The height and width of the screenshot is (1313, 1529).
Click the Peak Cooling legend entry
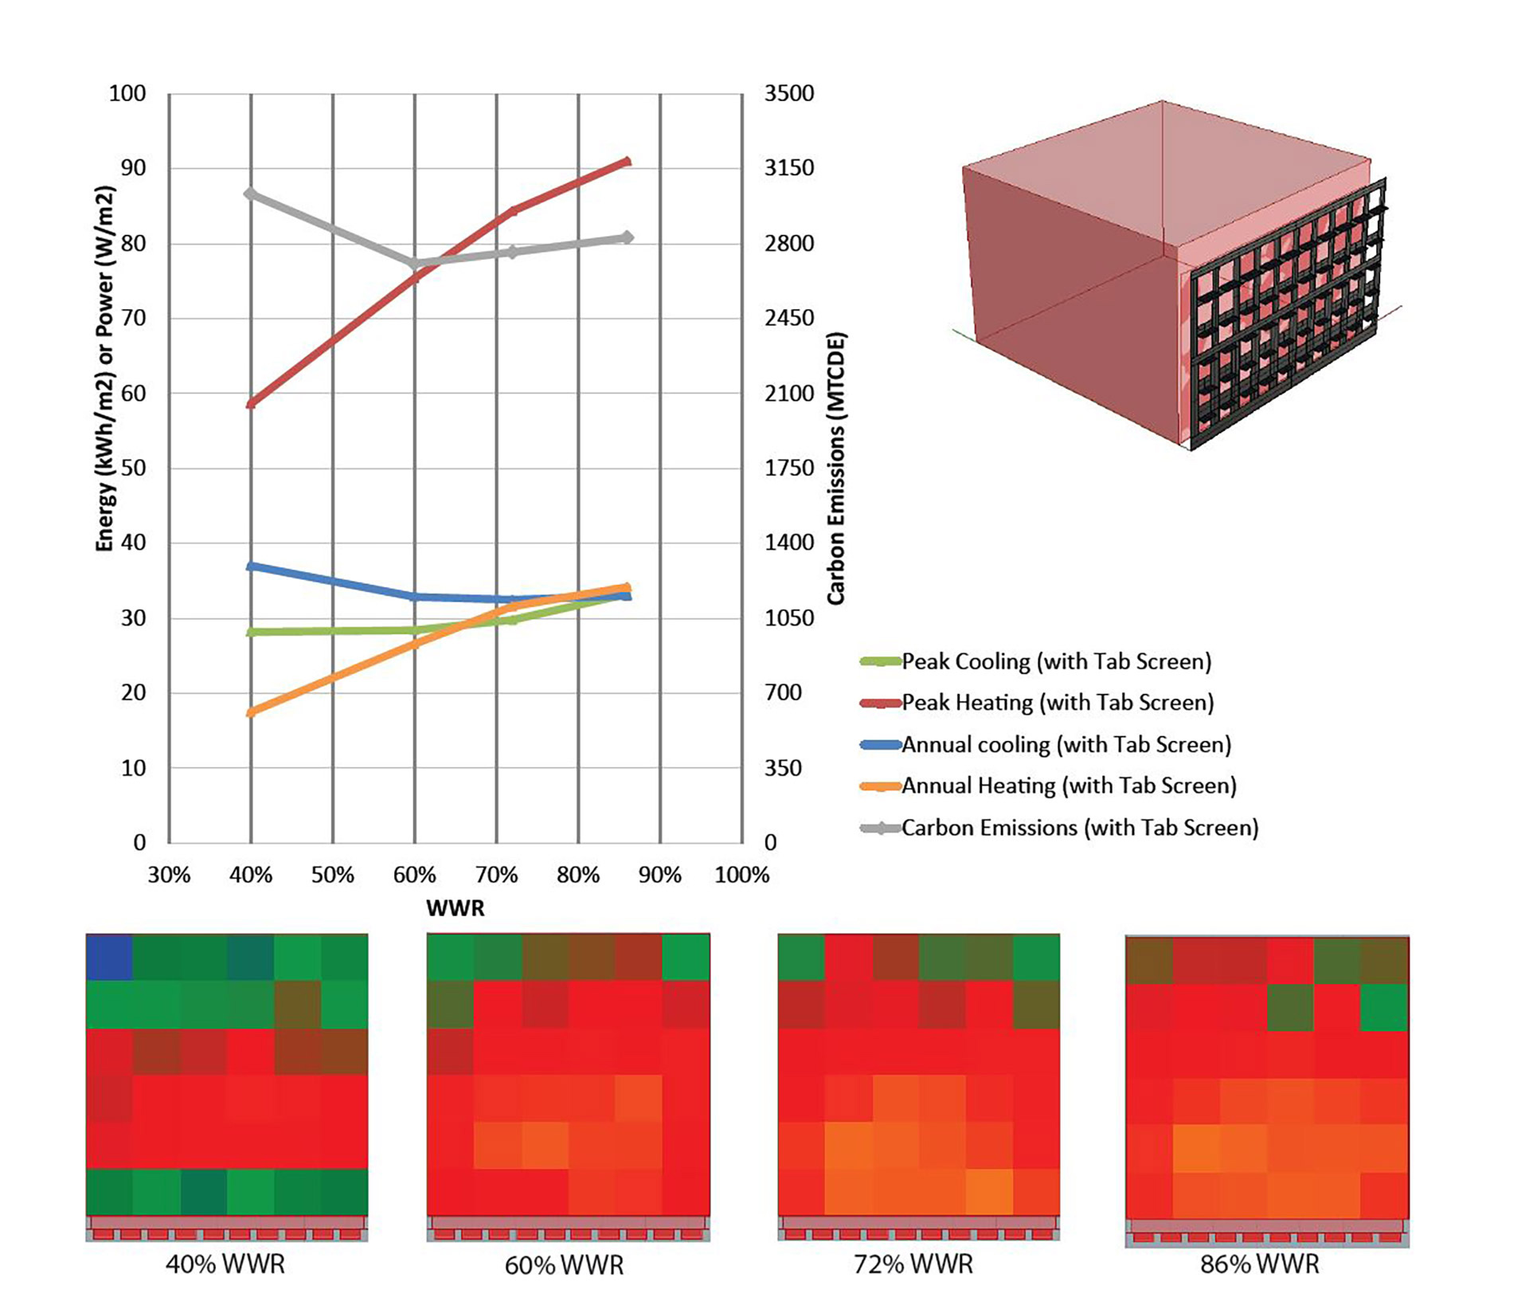[1055, 661]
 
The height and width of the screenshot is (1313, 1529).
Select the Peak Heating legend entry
[1057, 703]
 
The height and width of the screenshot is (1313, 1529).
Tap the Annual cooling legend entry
[1066, 745]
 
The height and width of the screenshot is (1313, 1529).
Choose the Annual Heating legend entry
[1068, 786]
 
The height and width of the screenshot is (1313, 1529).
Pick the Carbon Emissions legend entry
[1079, 828]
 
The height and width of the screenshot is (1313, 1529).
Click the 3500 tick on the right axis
[789, 94]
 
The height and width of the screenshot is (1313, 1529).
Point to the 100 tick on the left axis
[127, 94]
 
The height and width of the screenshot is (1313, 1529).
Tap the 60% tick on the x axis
[414, 876]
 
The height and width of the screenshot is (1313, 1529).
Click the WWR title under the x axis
[455, 908]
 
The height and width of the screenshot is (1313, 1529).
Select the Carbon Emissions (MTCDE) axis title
[835, 468]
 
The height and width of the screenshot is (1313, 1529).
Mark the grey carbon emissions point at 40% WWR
[251, 194]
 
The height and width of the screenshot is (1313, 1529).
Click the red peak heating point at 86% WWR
[627, 162]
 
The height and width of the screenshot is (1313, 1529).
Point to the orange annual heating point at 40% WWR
[251, 712]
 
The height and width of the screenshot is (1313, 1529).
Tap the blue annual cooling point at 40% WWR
[251, 566]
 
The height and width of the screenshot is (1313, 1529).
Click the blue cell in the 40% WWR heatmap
[109, 957]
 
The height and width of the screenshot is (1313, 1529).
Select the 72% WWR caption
[913, 1264]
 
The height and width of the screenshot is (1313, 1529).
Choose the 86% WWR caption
[1259, 1264]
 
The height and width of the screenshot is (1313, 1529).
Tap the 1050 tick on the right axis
[789, 618]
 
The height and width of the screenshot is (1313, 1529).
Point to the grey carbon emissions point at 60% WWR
[414, 263]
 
